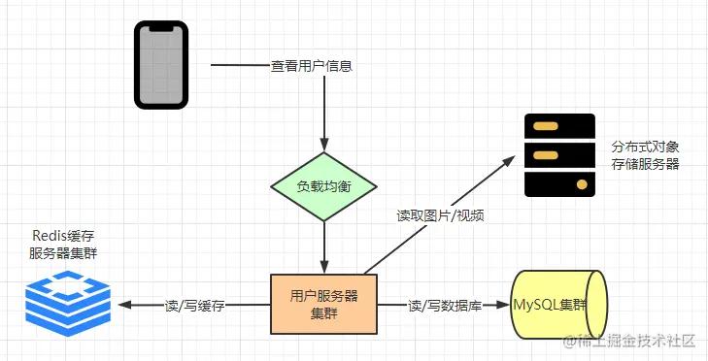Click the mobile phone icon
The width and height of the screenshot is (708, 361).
coord(158,66)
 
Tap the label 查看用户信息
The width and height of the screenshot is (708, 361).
coord(311,67)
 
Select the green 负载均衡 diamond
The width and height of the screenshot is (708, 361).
coord(323,186)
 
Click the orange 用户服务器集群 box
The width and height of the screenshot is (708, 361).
coord(323,305)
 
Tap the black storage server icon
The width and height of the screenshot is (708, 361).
coord(559,155)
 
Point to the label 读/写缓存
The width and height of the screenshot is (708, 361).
coord(195,305)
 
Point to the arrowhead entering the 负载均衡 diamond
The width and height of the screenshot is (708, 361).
coord(323,146)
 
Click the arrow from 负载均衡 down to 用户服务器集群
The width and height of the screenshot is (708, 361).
coord(323,247)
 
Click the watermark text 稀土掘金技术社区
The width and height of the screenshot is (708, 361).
coord(633,341)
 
